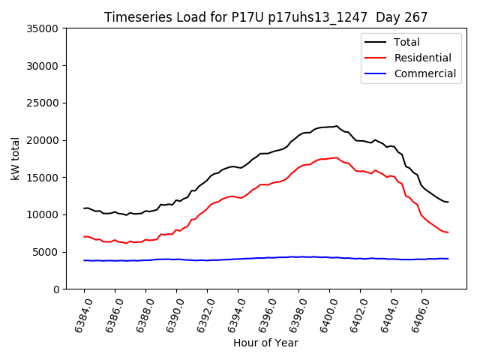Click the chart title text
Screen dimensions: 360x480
coord(265,17)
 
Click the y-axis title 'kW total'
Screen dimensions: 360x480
coord(16,159)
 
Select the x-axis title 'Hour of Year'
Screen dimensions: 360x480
coord(265,343)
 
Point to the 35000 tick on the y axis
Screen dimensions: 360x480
coord(43,28)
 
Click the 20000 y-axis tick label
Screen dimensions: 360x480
coord(43,140)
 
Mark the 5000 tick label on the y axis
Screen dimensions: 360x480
coord(46,252)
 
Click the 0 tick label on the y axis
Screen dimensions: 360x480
coord(56,289)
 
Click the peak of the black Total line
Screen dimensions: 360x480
coord(337,126)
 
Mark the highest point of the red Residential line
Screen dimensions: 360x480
coord(337,157)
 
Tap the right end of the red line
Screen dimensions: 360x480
coord(448,232)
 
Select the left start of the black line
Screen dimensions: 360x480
coord(84,208)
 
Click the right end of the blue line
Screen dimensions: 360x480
coord(448,259)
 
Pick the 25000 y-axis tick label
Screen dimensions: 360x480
coord(43,103)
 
